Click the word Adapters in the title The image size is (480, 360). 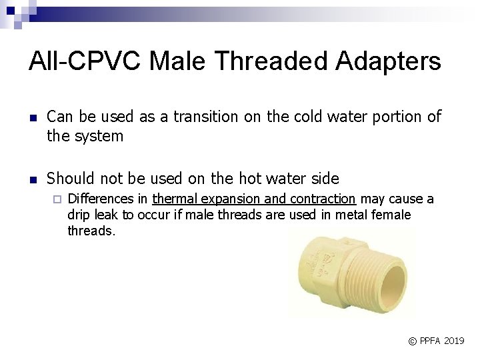388,61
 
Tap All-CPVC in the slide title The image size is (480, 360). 85,61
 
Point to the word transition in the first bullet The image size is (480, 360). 204,117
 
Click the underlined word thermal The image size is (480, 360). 174,199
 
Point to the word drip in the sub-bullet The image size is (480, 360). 79,215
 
